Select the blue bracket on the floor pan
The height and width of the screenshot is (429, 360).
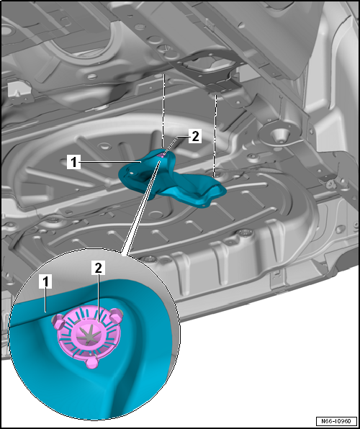(173, 176)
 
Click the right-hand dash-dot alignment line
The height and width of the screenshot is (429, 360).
(215, 133)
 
